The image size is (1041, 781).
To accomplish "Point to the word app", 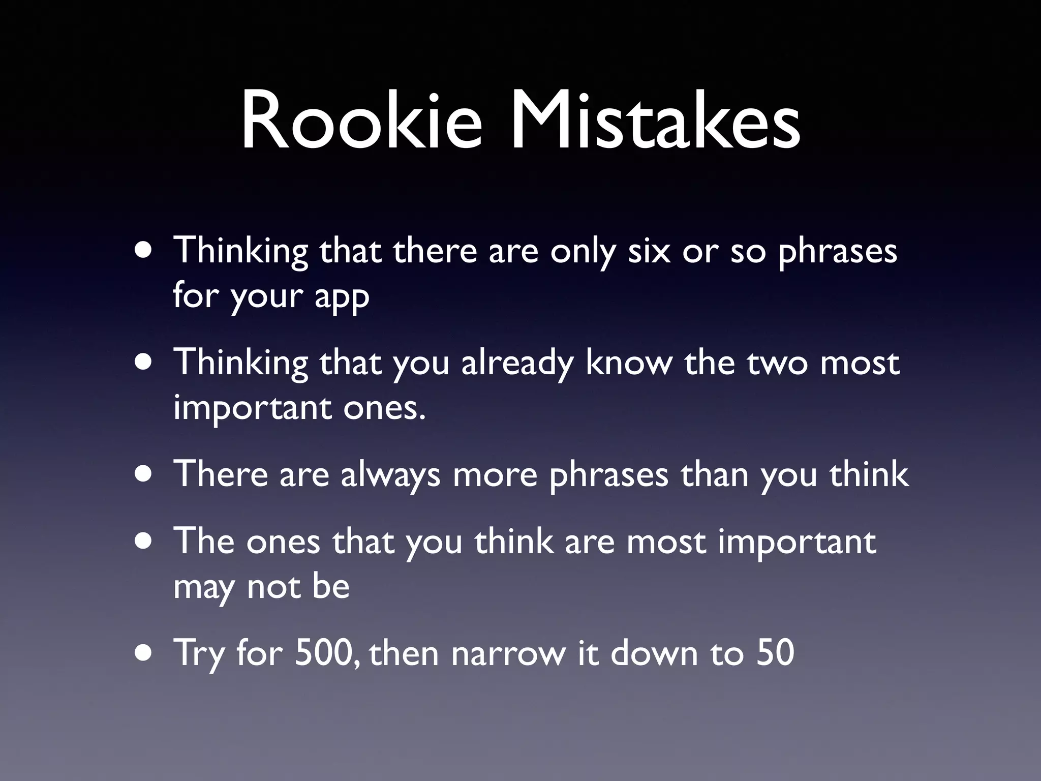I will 342,297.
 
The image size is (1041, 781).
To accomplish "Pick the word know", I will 628,363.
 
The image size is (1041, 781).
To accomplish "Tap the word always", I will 390,476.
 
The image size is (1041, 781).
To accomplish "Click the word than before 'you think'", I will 714,475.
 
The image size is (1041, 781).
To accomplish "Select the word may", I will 204,588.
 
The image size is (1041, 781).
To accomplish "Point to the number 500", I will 323,653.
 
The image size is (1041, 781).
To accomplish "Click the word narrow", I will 508,654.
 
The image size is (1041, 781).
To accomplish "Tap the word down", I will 654,653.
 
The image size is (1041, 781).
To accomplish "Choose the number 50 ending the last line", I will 775,653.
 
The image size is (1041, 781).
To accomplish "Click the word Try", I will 199,654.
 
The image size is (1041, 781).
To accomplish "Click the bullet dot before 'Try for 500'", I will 144,653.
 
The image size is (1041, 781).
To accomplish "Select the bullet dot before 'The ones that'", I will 144,542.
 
